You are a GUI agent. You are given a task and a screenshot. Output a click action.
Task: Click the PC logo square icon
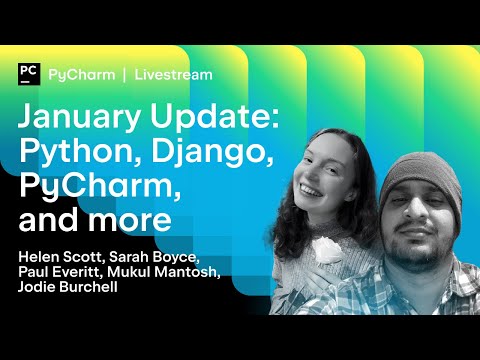[28, 74]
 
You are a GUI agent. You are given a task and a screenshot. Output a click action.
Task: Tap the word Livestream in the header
[174, 74]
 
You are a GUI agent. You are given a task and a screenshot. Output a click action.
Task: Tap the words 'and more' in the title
[95, 217]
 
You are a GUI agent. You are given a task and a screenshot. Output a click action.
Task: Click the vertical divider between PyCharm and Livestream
[125, 74]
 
